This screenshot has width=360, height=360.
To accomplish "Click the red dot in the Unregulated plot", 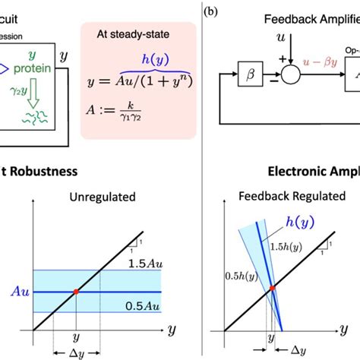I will click(x=76, y=292).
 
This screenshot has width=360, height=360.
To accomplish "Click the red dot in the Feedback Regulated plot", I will click(x=271, y=288).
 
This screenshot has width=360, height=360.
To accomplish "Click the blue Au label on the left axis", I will click(x=18, y=292).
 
